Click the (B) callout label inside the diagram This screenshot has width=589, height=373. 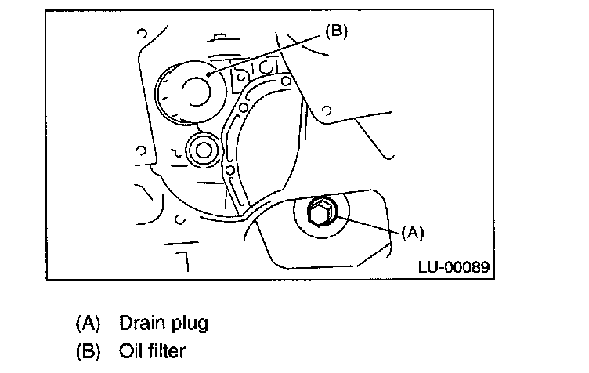click(x=337, y=31)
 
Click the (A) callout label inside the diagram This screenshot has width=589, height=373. click(x=413, y=233)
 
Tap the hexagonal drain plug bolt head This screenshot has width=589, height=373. click(x=320, y=212)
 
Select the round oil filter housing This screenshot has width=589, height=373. click(x=190, y=92)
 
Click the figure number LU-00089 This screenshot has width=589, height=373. click(x=454, y=267)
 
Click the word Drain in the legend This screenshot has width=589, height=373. click(x=143, y=323)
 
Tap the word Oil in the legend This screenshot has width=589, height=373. click(x=131, y=351)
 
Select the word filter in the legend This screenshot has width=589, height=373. click(x=167, y=351)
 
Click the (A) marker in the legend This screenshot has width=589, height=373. click(x=89, y=324)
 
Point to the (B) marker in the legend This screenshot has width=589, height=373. click(x=89, y=352)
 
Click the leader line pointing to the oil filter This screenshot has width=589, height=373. click(x=265, y=55)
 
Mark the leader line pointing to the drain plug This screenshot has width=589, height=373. click(x=367, y=225)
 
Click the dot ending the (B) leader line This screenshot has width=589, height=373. click(x=208, y=74)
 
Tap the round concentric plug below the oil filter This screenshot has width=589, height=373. click(x=204, y=150)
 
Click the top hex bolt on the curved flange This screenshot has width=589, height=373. click(x=286, y=81)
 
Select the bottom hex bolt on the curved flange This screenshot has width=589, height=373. click(x=230, y=170)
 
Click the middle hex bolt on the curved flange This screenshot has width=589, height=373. click(x=244, y=108)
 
